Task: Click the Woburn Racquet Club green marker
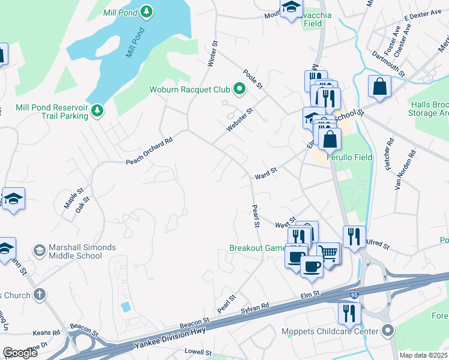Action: [x=240, y=91]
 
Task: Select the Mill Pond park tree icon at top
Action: [x=146, y=11]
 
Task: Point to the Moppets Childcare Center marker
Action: [x=387, y=331]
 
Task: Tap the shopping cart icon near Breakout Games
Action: [x=328, y=253]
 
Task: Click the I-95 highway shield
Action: [x=355, y=294]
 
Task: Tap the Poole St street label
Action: [x=253, y=79]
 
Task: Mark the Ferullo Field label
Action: [x=349, y=158]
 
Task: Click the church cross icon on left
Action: [x=40, y=294]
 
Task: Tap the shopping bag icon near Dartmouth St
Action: [x=381, y=86]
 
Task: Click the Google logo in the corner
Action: [x=20, y=353]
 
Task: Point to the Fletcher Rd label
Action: [x=390, y=153]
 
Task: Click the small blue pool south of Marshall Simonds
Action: [x=125, y=307]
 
